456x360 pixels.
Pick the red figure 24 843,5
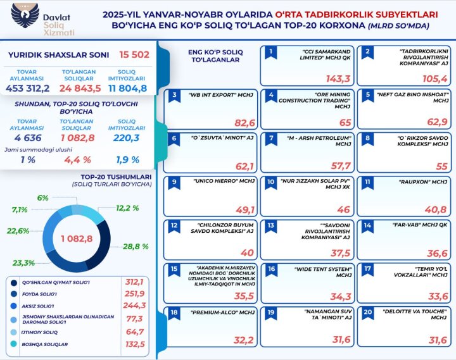tap(79, 87)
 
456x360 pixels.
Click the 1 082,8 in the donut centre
tap(77, 239)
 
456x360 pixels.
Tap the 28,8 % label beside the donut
tap(136, 246)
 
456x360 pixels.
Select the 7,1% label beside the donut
tap(20, 209)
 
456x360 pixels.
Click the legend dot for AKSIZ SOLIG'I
tap(14, 306)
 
